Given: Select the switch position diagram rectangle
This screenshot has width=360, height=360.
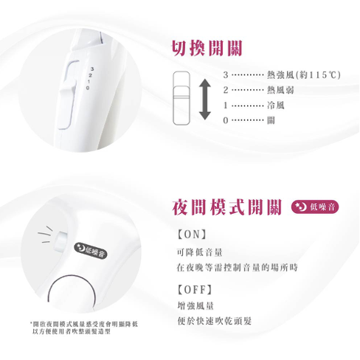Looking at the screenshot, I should tap(180, 96).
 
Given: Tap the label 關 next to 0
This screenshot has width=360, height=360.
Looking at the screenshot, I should tap(271, 119).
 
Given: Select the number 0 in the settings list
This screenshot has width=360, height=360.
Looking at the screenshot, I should tap(226, 119).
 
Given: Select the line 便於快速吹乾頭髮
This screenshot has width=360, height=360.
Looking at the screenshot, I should tap(215, 321).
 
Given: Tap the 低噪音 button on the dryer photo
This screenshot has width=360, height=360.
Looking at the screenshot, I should tap(92, 252).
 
